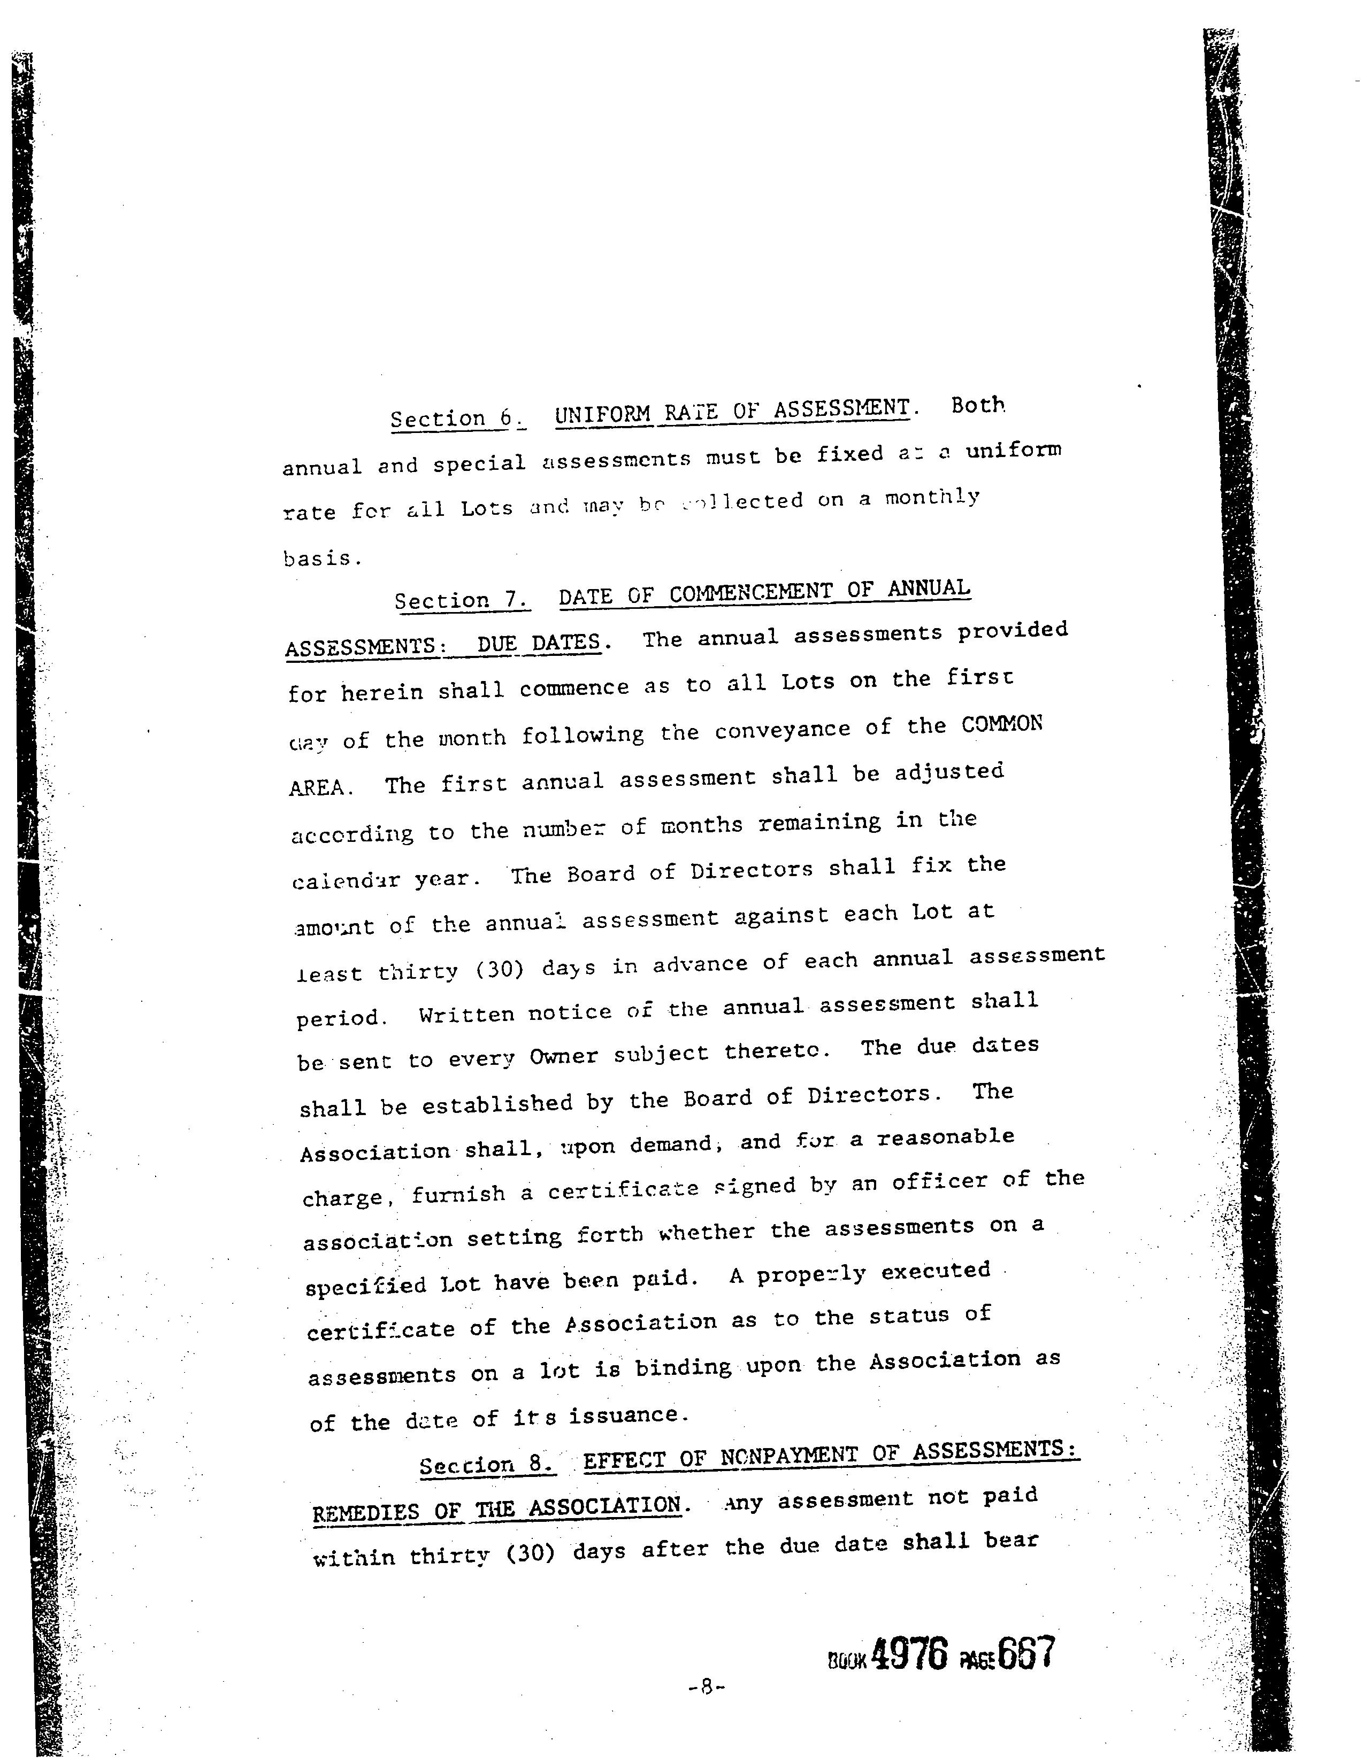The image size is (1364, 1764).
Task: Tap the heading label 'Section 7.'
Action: pyautogui.click(x=462, y=600)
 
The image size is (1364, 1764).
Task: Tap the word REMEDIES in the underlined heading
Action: pyautogui.click(x=365, y=1513)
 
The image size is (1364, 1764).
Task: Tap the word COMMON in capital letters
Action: pyautogui.click(x=1001, y=724)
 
